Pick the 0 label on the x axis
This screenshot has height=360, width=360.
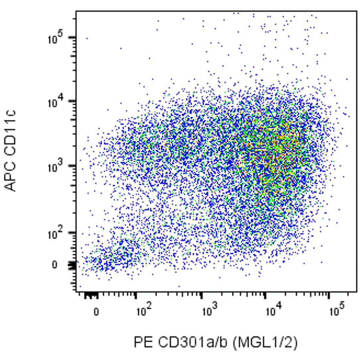[x=96, y=312]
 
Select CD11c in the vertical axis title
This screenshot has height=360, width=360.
[x=12, y=133]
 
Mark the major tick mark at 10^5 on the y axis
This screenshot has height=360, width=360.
[x=74, y=37]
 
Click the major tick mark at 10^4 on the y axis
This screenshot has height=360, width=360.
[x=74, y=102]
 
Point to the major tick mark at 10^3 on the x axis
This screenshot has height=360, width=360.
[x=202, y=294]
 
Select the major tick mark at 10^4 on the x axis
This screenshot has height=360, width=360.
[x=265, y=294]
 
